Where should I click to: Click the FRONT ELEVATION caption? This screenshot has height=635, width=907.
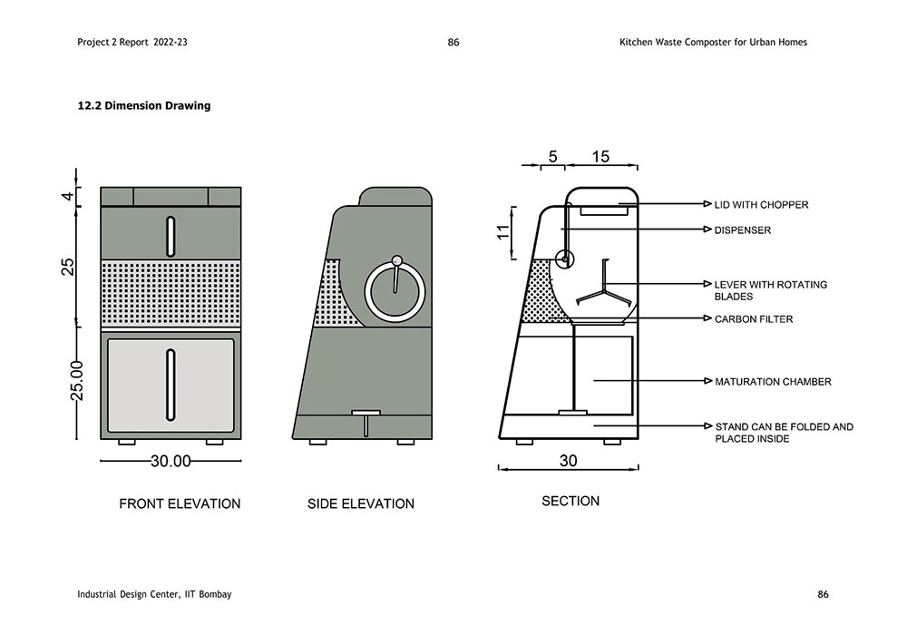tap(180, 503)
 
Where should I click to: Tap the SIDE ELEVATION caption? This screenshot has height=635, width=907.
tap(360, 503)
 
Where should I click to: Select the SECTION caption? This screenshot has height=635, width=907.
tap(571, 501)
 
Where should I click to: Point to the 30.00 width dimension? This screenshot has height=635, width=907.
tap(171, 461)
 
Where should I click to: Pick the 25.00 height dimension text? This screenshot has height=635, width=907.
tap(77, 379)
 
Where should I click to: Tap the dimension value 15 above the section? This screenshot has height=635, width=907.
tap(600, 156)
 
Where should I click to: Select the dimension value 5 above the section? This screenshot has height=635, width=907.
tap(552, 156)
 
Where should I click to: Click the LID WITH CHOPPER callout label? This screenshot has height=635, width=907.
tap(761, 205)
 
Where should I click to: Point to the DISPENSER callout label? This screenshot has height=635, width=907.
tap(742, 230)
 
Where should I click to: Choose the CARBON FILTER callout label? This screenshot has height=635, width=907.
tap(753, 319)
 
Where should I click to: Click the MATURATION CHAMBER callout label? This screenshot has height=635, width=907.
tap(773, 382)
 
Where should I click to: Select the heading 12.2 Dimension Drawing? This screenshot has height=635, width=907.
tap(144, 106)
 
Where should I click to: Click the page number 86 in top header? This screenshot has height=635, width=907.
tap(453, 42)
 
